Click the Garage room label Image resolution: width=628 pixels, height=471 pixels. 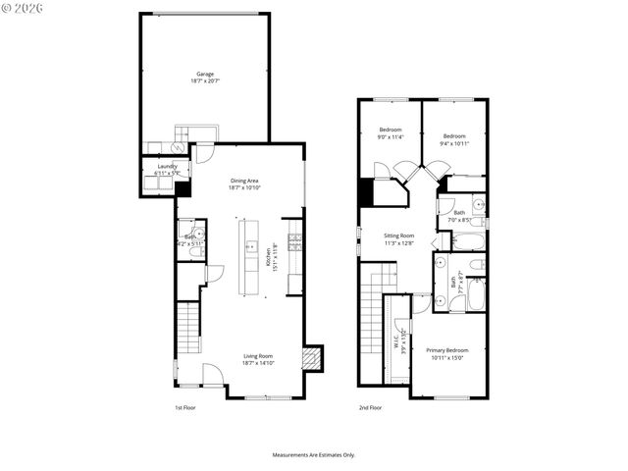pos(204,75)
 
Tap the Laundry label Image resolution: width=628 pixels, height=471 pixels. pos(168,167)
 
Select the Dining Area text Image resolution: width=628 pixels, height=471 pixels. pos(244,181)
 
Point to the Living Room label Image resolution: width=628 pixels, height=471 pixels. pos(258,356)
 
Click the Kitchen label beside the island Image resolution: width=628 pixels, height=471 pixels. pos(269,257)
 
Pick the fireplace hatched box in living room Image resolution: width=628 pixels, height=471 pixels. pos(312,358)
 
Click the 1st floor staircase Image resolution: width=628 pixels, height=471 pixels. pos(186,331)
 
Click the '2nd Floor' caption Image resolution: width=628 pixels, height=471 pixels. pos(370,406)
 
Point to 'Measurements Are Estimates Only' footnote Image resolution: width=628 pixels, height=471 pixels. pos(313,455)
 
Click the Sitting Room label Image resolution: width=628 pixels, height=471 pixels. pos(398,236)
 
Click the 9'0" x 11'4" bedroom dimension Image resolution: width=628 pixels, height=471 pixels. pos(390,137)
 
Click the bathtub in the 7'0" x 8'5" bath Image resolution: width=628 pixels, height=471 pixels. pos(470,241)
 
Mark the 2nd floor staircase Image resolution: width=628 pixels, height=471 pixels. pos(371,324)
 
